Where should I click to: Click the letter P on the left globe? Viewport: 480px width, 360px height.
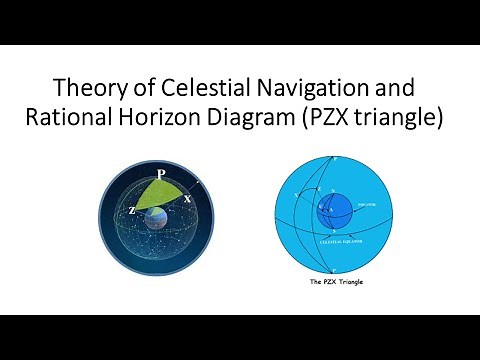point(161,171)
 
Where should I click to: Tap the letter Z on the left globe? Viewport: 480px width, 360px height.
point(131,210)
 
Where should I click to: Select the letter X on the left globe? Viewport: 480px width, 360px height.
point(187,198)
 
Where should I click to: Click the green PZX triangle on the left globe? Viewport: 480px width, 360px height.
point(160,195)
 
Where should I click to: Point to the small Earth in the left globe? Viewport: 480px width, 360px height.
point(158,221)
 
